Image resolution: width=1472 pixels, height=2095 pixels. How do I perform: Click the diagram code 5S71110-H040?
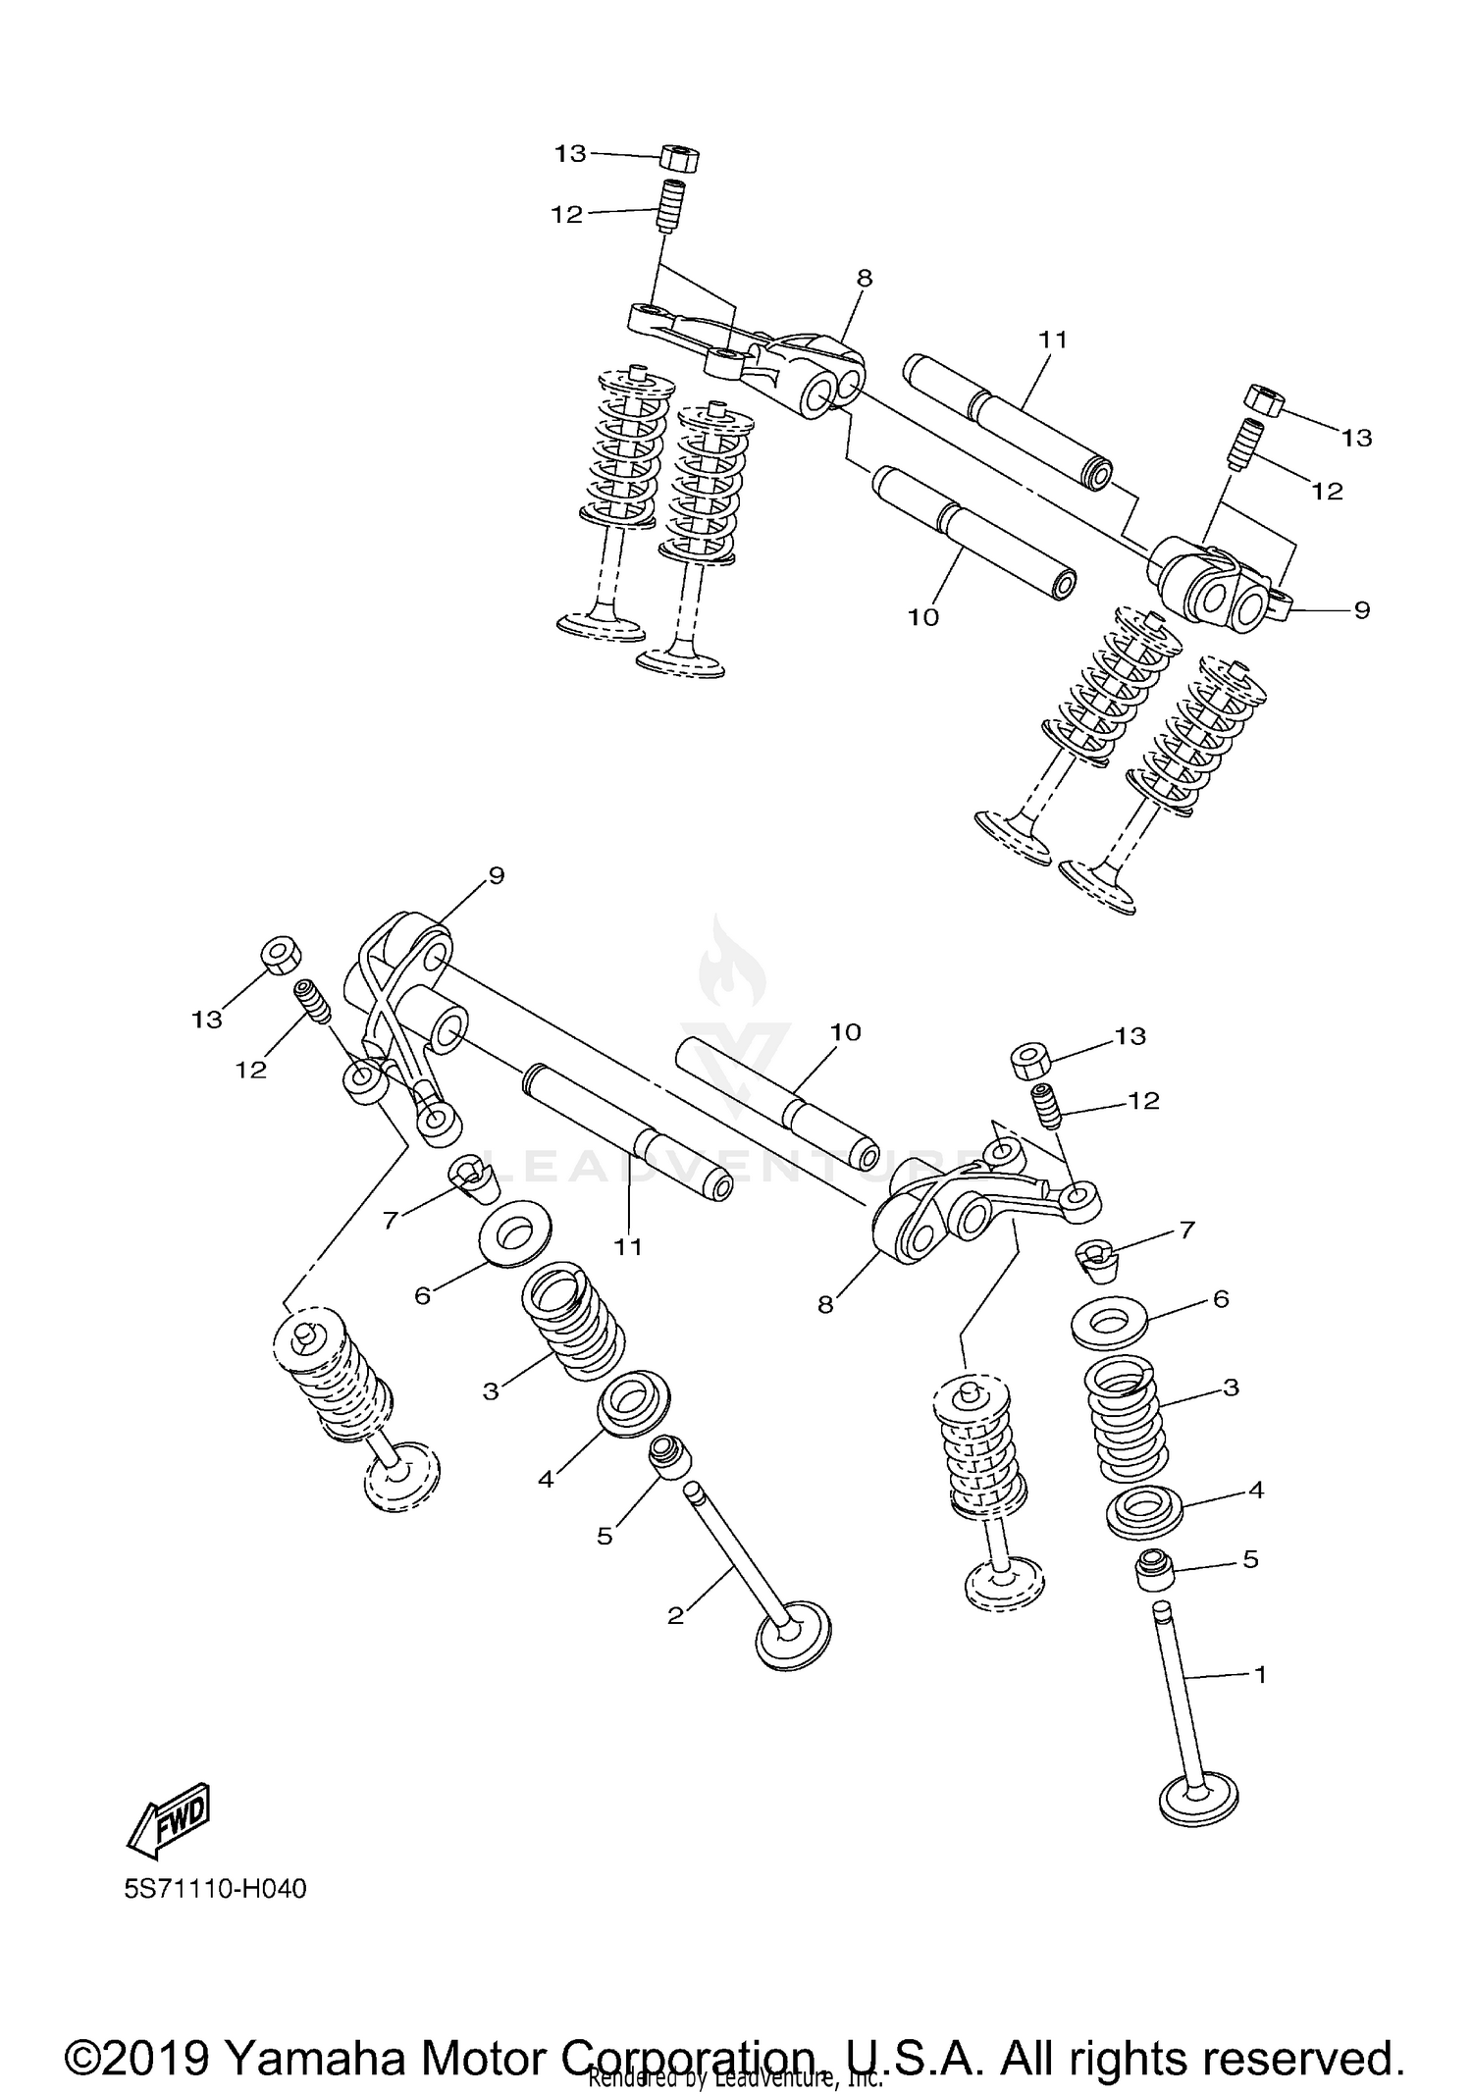tap(216, 1889)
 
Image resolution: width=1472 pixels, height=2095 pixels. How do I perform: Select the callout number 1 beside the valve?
tap(1261, 1674)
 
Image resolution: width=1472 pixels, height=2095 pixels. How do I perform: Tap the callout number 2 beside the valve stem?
tap(675, 1615)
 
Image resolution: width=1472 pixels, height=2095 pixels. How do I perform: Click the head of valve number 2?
tap(794, 1636)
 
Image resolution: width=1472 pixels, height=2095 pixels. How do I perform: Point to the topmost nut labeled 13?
tap(679, 157)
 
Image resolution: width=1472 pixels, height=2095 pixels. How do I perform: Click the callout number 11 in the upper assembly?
tap(1053, 340)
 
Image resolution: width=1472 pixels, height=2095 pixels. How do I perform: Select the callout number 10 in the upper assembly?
tap(923, 617)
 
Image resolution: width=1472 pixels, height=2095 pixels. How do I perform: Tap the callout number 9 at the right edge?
tap(1361, 610)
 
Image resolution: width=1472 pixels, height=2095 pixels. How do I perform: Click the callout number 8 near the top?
tap(864, 278)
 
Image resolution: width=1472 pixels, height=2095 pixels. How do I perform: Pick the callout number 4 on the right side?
tap(1255, 1490)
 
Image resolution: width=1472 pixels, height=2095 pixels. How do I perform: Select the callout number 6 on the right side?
tap(1221, 1299)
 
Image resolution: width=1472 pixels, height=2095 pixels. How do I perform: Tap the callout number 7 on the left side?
tap(392, 1220)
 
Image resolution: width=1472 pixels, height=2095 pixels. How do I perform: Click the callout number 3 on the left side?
tap(491, 1390)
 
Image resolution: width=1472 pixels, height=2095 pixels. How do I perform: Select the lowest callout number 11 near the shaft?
tap(628, 1246)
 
